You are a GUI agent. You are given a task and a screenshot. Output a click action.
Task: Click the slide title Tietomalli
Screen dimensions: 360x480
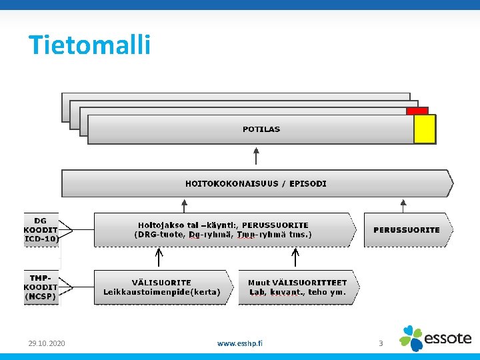point(89,45)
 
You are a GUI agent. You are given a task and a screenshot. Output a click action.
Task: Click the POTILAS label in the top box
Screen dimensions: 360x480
point(261,129)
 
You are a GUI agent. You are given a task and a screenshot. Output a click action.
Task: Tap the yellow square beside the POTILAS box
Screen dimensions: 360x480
point(424,129)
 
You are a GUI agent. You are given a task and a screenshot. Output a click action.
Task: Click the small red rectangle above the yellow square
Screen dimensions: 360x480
point(417,111)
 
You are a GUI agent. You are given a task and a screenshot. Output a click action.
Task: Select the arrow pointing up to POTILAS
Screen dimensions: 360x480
point(256,157)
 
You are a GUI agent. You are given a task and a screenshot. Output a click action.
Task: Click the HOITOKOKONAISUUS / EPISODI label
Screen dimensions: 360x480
point(256,183)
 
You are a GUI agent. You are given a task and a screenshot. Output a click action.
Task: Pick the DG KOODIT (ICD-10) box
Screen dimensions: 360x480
point(41,229)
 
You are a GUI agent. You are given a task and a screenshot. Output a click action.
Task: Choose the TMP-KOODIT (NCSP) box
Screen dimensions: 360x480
point(41,287)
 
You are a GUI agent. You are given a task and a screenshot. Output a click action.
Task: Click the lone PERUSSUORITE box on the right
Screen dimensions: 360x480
point(407,230)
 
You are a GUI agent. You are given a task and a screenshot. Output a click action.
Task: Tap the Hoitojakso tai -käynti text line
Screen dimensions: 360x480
point(223,225)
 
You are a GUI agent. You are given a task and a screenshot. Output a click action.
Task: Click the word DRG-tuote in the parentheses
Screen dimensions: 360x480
point(160,235)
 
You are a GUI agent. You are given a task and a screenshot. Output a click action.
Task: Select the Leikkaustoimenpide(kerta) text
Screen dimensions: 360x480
point(161,292)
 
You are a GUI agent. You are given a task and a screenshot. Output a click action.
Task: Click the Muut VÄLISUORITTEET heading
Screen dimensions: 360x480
point(297,283)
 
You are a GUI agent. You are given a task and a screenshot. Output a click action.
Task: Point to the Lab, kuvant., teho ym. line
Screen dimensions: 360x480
point(297,292)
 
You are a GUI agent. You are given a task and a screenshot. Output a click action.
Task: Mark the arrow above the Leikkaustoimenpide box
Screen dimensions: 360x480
point(159,257)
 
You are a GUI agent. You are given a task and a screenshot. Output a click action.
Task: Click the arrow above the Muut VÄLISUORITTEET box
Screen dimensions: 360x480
point(296,257)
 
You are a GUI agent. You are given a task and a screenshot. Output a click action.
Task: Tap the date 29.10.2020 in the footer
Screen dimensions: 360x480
point(47,343)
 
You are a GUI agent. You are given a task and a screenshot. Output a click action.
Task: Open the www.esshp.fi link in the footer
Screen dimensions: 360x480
point(240,343)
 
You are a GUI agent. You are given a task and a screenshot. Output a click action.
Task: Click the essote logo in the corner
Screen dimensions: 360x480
point(436,338)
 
